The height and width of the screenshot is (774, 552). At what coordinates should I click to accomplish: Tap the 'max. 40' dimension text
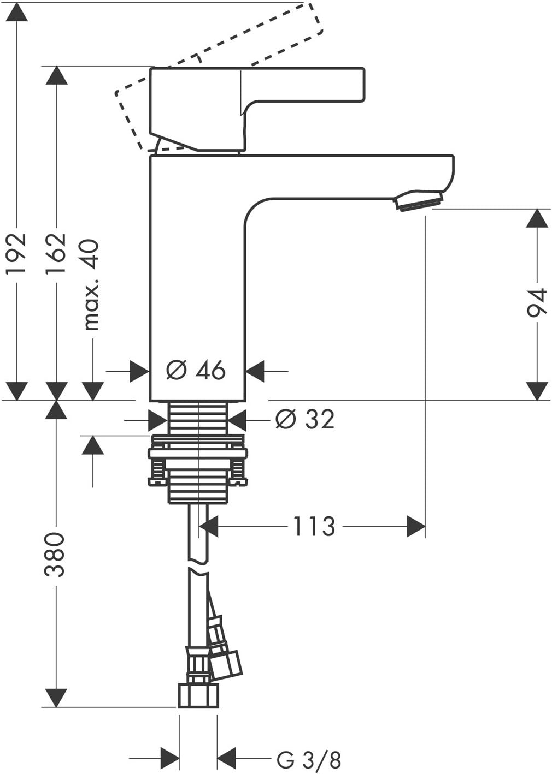point(91,285)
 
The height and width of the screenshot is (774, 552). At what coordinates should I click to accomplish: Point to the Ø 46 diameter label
point(196,371)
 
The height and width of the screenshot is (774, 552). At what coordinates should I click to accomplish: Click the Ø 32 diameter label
point(305,419)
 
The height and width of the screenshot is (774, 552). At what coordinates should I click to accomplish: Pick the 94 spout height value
point(537,303)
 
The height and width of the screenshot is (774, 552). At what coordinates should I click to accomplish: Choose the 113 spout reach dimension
point(314,527)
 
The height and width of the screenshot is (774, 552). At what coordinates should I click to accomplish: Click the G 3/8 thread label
point(309,759)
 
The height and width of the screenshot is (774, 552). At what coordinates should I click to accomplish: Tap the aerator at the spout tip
point(419,199)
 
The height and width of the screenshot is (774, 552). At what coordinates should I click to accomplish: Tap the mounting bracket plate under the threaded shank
point(197,453)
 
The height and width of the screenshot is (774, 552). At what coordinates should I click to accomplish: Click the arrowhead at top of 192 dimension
point(16,13)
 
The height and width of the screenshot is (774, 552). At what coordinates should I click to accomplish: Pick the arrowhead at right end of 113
point(416,527)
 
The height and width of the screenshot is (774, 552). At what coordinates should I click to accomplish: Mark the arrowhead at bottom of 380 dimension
point(56,698)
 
